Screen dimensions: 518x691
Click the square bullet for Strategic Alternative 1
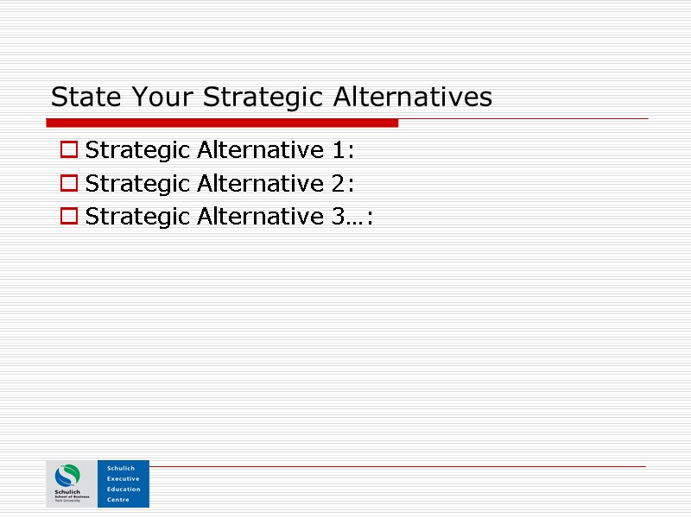click(x=68, y=151)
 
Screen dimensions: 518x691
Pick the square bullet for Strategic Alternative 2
click(x=68, y=184)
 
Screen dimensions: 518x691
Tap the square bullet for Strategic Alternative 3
click(x=68, y=217)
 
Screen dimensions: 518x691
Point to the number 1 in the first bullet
click(x=339, y=150)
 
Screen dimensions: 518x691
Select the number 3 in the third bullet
click(x=339, y=216)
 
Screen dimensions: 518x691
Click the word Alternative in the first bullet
click(x=260, y=150)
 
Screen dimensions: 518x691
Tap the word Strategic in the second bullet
click(x=138, y=183)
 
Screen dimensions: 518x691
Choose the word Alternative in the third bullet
click(x=260, y=216)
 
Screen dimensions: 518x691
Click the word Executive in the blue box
click(x=123, y=478)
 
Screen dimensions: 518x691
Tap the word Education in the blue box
click(x=124, y=489)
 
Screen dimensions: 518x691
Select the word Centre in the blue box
click(x=118, y=499)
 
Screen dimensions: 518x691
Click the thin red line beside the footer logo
click(x=397, y=467)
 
